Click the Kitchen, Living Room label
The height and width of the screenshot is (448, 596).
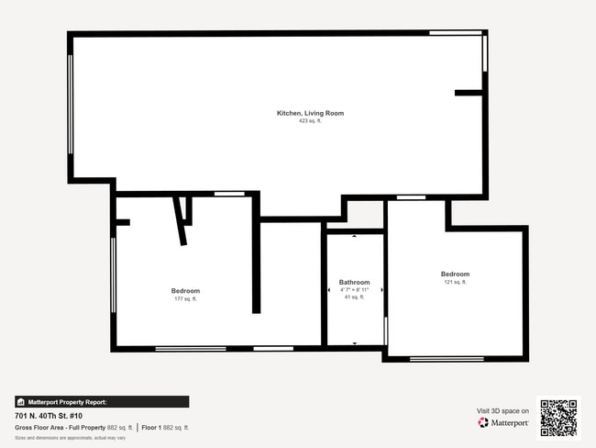[x=310, y=113]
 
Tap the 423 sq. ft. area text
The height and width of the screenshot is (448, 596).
[x=310, y=121]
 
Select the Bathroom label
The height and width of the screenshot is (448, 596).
[x=354, y=282]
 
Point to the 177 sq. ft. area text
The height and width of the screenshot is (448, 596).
[x=185, y=299]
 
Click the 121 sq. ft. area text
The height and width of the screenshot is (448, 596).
[x=455, y=283]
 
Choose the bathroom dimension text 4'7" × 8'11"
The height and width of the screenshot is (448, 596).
[x=354, y=290]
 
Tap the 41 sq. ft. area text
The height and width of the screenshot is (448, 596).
[x=354, y=297]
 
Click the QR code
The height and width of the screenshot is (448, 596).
[x=558, y=417]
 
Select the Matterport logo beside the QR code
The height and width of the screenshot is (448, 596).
[x=502, y=423]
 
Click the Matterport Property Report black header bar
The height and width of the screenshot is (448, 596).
[x=102, y=401]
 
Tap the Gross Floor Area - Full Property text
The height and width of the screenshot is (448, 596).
[x=61, y=427]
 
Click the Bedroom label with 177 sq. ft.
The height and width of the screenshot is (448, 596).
[x=185, y=291]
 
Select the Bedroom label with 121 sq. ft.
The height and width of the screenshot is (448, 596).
[x=455, y=274]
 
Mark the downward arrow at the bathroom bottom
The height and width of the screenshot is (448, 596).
[x=355, y=342]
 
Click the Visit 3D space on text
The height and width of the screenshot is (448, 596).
[x=502, y=411]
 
